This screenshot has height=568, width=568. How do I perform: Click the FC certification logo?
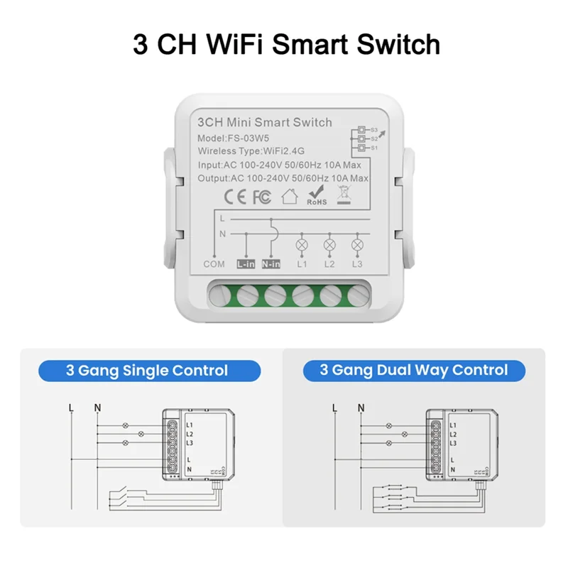[261, 197]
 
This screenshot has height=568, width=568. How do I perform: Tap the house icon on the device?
[289, 197]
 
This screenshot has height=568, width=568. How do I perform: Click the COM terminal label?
[214, 263]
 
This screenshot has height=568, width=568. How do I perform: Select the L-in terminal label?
[245, 263]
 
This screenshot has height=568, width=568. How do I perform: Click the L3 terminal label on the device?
[356, 263]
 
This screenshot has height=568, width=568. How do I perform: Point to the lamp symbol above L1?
[302, 244]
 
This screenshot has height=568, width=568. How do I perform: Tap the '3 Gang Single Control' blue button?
[147, 371]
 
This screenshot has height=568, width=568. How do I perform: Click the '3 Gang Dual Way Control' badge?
[413, 371]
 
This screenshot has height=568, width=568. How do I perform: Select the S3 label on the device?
[375, 131]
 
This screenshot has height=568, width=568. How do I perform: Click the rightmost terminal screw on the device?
[356, 295]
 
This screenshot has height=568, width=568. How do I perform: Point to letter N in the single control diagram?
[97, 408]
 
